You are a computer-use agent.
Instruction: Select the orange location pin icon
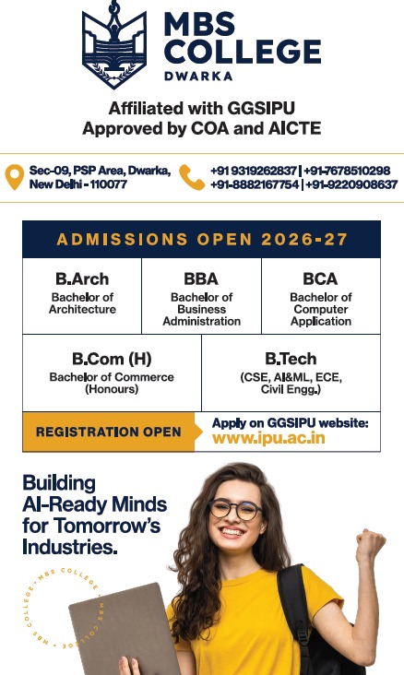[x=14, y=177]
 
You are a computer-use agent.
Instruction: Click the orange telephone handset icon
[x=192, y=177]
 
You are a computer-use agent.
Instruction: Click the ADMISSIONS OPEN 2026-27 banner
[x=201, y=240]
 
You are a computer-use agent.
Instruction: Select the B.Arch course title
[x=82, y=278]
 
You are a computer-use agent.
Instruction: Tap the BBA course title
[x=201, y=278]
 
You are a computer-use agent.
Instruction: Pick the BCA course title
[x=320, y=278]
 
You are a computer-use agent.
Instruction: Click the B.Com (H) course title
[x=112, y=359]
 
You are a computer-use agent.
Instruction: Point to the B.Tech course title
[x=291, y=359]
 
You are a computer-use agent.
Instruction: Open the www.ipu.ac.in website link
[x=268, y=438]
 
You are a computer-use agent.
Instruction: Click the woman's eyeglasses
[x=234, y=509]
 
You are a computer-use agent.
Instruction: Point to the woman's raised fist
[x=372, y=547]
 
